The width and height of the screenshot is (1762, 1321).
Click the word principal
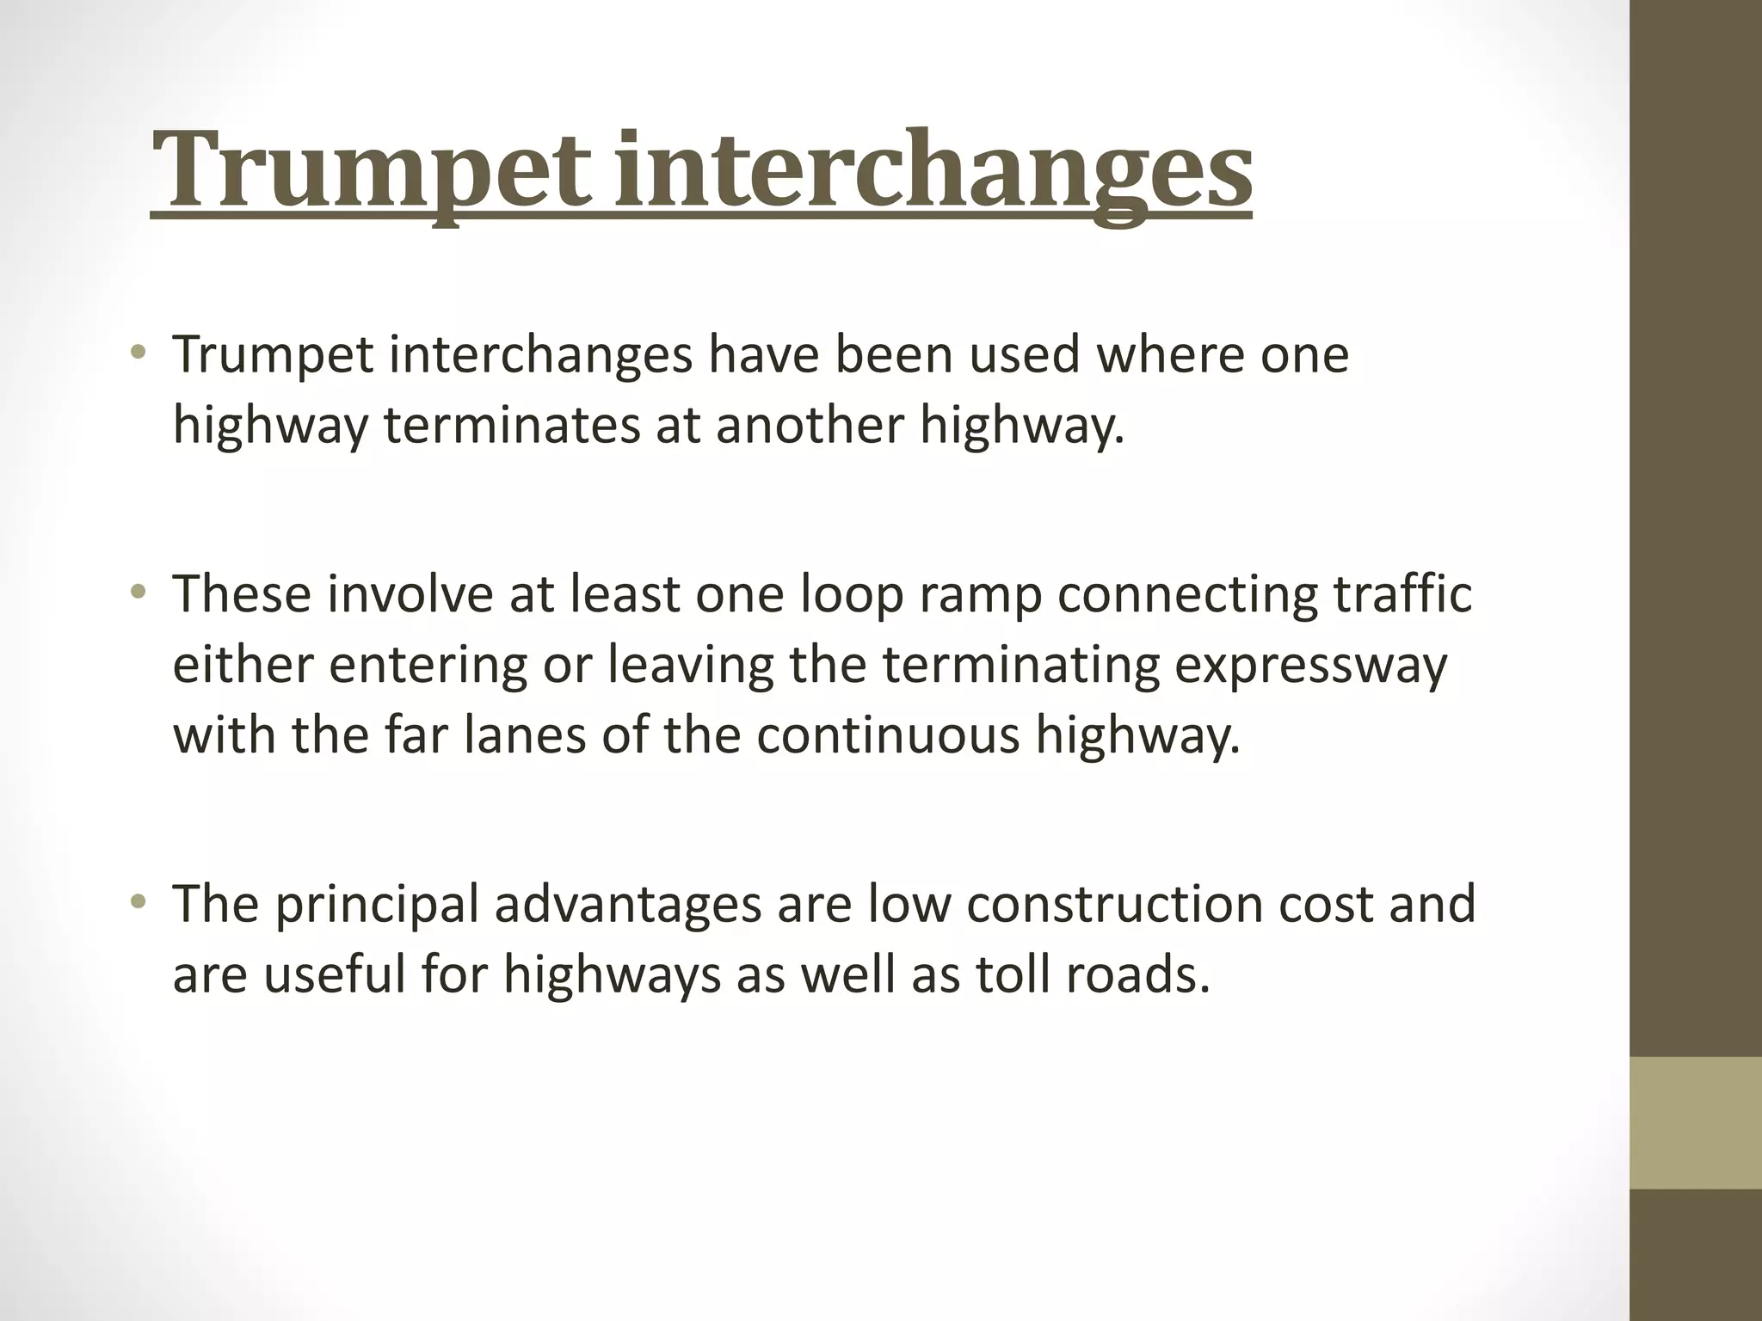(x=376, y=905)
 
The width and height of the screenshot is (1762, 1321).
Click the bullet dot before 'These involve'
(x=137, y=592)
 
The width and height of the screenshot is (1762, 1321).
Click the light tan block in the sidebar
(x=1696, y=1123)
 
